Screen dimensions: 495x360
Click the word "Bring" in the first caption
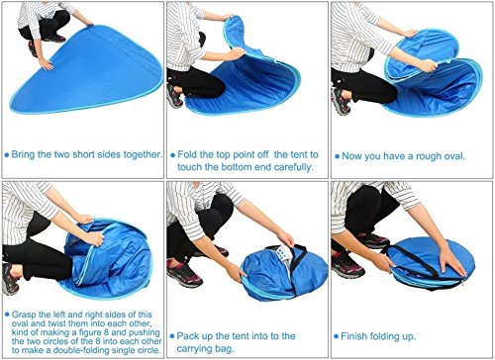(23, 154)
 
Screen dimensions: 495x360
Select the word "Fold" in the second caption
(187, 154)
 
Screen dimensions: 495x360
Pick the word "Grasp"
(24, 315)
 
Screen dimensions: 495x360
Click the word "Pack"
(188, 336)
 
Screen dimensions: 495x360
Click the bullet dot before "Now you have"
(337, 156)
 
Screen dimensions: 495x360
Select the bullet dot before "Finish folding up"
(336, 336)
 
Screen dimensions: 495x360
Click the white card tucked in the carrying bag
(284, 254)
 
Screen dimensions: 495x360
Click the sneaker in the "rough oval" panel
(341, 101)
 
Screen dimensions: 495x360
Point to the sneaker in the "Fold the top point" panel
(174, 96)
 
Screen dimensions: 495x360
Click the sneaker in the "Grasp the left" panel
(10, 279)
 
